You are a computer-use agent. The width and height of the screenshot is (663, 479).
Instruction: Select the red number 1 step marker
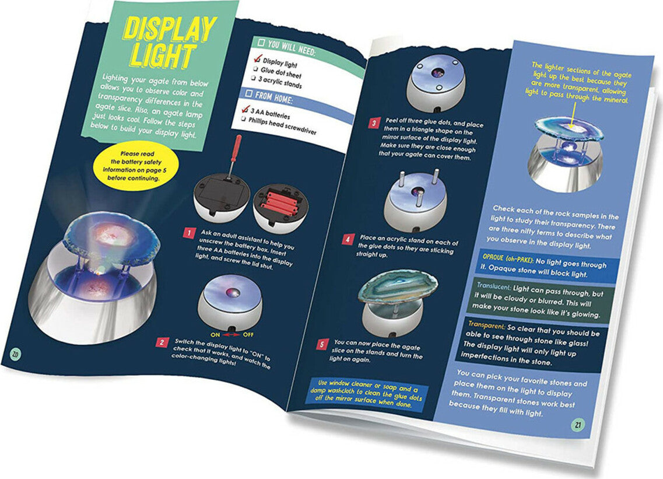click(189, 233)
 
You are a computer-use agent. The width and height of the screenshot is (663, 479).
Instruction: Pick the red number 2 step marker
click(162, 342)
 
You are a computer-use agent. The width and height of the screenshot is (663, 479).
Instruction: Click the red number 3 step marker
click(374, 124)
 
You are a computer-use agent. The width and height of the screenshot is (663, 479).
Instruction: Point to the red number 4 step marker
click(348, 239)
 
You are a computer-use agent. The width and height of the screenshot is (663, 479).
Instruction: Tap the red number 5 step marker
click(322, 344)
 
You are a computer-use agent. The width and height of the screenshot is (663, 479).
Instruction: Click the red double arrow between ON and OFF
click(231, 335)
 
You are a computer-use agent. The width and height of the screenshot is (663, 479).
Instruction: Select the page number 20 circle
click(15, 354)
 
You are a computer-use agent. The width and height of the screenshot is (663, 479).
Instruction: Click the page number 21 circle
click(578, 424)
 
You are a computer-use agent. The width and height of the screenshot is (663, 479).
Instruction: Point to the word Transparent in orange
click(487, 324)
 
